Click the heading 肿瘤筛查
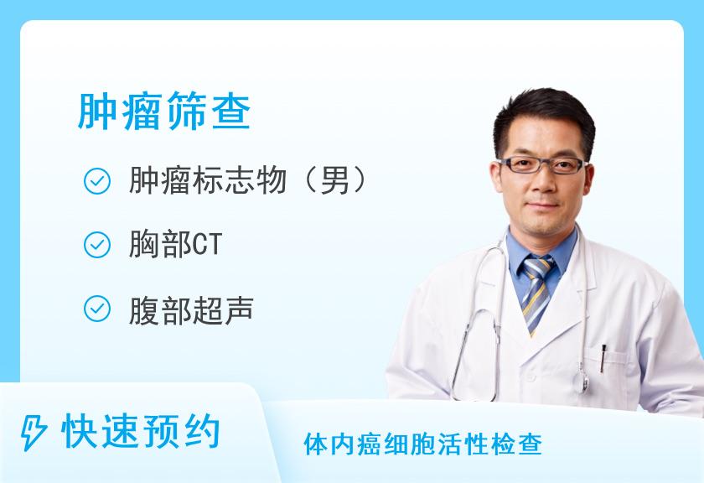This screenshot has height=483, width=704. [163, 112]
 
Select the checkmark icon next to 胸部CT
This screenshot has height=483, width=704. [97, 245]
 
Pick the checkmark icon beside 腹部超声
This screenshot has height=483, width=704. [97, 309]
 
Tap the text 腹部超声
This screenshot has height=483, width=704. [191, 309]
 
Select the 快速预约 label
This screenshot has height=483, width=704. [141, 433]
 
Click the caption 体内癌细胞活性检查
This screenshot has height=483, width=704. [423, 444]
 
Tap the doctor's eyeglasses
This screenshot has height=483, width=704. [541, 164]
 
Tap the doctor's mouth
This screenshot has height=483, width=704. [541, 205]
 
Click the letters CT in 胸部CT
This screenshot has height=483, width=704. [207, 246]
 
